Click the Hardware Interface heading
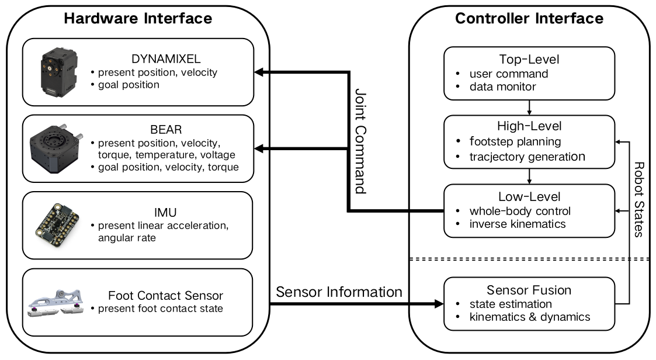pos(138,19)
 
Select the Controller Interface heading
pos(529,19)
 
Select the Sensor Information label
pos(339,291)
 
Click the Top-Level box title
pos(529,60)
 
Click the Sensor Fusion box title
pos(529,290)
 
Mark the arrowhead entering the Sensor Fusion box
pos(439,304)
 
